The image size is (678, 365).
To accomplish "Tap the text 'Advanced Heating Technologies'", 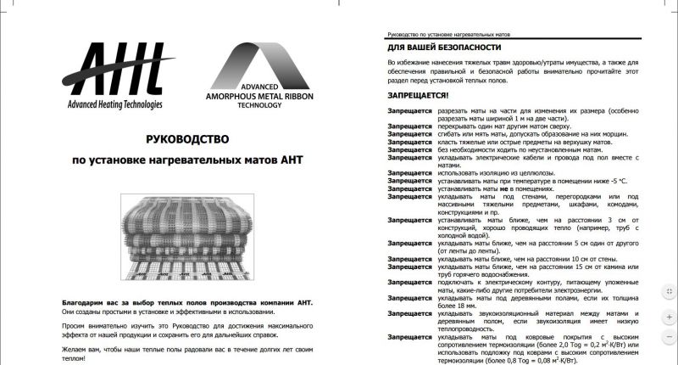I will coord(119,105).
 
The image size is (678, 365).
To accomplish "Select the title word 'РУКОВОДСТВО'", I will coord(183,138).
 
